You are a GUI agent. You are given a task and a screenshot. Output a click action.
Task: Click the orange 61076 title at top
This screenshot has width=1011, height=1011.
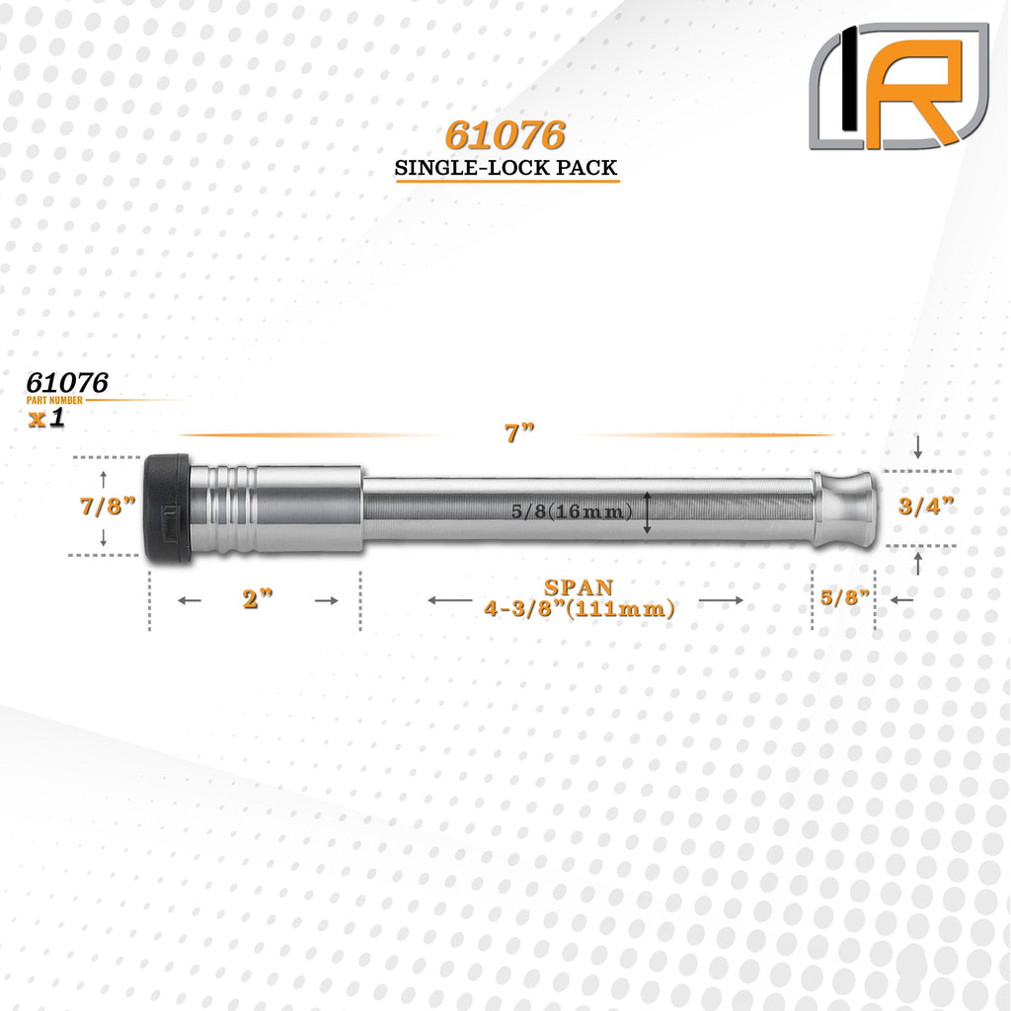pos(505,134)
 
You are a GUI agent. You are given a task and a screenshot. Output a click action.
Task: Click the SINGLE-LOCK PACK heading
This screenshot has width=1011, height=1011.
pos(506,168)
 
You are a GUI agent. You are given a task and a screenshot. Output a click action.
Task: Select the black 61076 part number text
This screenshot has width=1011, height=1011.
pos(67,383)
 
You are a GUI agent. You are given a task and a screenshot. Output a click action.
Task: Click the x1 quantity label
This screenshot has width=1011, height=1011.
pos(47,418)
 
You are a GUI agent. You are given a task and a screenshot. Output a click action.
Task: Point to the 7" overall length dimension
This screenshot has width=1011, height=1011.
pos(519,432)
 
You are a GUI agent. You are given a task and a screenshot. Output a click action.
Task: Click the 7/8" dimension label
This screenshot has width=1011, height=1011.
pos(108,506)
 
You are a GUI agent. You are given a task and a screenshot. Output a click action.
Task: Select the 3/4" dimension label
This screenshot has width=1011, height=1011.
pos(926,506)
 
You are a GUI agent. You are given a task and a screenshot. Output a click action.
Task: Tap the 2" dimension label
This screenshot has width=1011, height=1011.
pos(258,599)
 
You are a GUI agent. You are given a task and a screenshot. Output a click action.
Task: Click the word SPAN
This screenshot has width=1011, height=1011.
pos(579,587)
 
